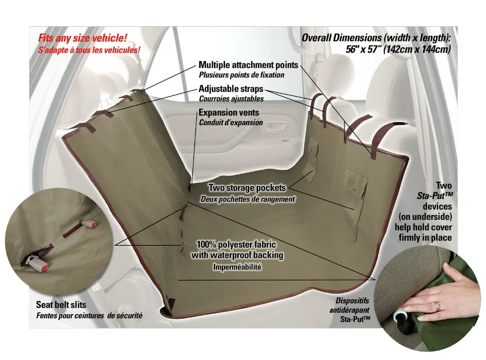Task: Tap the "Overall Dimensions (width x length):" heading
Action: coord(377,38)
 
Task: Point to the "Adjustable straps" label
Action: coord(231,89)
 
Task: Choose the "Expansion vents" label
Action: coord(228,113)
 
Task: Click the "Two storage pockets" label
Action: coord(247,188)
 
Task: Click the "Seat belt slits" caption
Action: coord(61,305)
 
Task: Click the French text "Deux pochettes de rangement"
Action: coord(247,199)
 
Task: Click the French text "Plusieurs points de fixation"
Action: coord(242,75)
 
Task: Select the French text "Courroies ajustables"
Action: coord(231,99)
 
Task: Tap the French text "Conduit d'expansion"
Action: coord(230,122)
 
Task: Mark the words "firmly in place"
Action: coord(425,238)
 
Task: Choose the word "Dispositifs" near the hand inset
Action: coord(352,301)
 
